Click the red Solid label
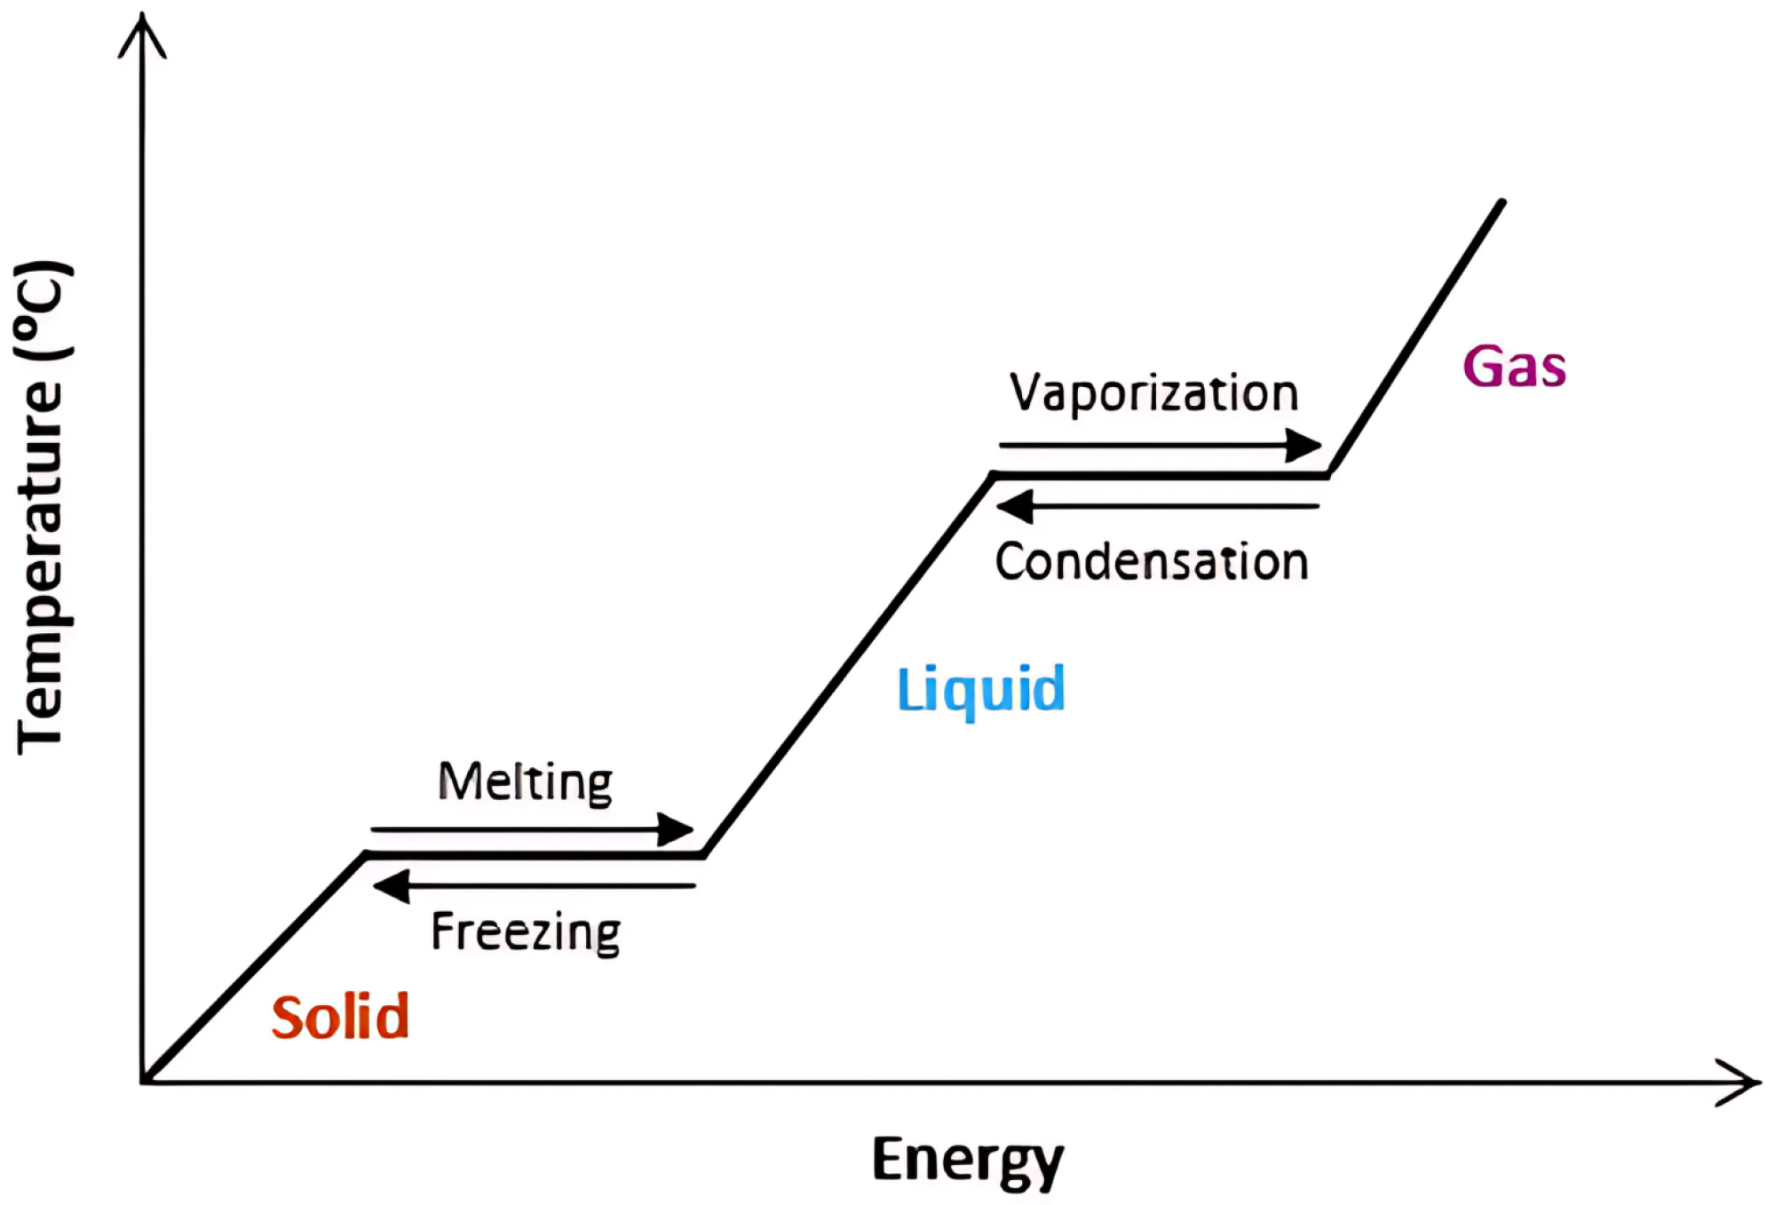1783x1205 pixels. click(340, 1018)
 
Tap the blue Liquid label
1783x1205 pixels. click(981, 690)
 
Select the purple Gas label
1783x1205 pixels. click(1514, 367)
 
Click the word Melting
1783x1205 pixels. click(526, 783)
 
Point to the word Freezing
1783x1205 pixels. click(526, 932)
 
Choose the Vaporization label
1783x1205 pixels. click(1153, 393)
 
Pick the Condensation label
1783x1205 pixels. click(1152, 562)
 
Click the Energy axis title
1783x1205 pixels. click(967, 1160)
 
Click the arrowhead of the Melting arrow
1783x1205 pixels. click(678, 830)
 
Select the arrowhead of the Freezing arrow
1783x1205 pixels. click(389, 886)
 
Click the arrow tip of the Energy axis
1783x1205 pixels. click(1756, 1082)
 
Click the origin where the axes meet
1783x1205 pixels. click(143, 1082)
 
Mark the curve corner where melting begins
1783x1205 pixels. click(366, 854)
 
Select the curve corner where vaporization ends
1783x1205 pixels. click(1329, 475)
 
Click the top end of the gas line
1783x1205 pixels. click(1502, 202)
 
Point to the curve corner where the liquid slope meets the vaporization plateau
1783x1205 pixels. click(994, 476)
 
